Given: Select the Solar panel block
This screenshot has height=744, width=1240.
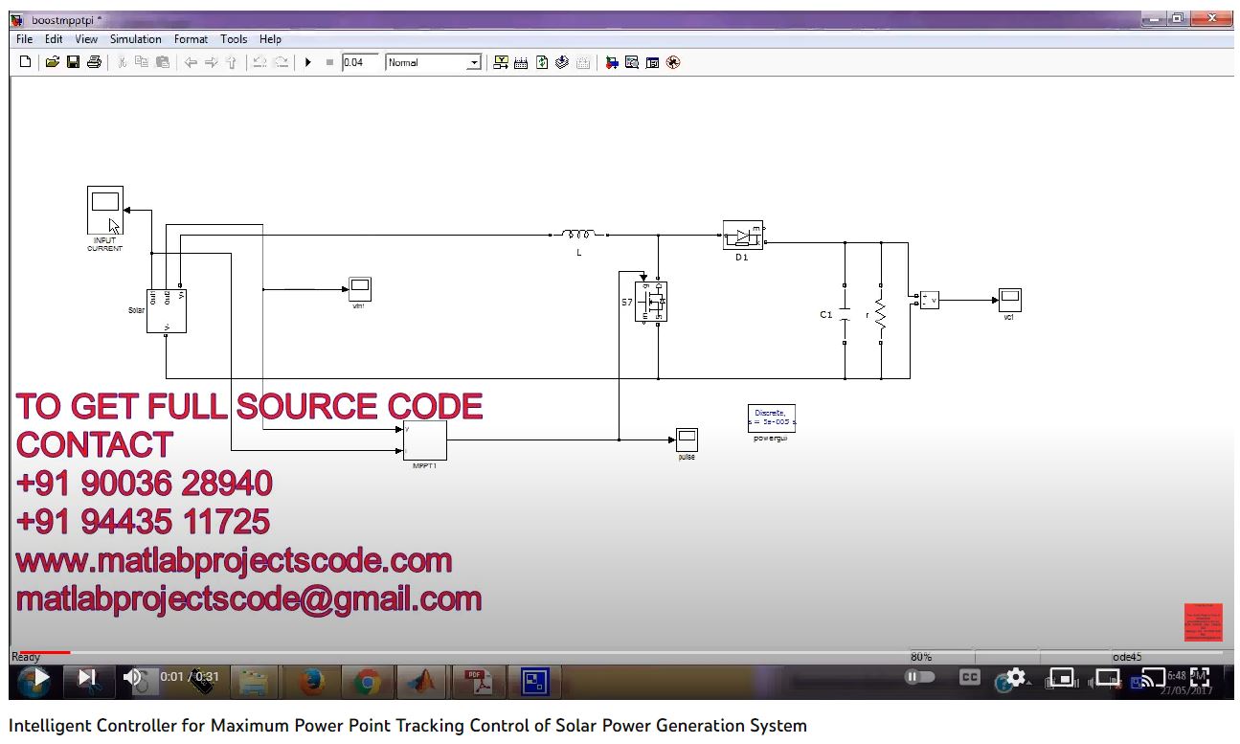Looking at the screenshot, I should click(166, 310).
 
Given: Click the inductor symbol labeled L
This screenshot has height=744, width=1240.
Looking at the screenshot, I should click(578, 234).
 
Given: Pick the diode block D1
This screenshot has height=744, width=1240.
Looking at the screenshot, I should click(742, 236).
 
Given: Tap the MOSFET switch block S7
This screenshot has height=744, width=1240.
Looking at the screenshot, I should click(651, 302).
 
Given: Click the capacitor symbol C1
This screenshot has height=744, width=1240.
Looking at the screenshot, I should click(845, 314).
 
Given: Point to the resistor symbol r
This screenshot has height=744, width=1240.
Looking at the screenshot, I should click(880, 314).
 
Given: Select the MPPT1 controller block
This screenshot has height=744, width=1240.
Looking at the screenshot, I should click(424, 440).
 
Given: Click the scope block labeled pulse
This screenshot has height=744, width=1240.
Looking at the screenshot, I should click(687, 440).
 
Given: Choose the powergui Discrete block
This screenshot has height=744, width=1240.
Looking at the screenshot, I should click(771, 418).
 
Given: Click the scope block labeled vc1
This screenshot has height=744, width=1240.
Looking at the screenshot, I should click(1009, 300).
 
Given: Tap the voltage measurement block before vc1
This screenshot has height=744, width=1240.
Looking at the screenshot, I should click(929, 300).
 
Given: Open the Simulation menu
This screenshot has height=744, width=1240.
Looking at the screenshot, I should click(135, 39).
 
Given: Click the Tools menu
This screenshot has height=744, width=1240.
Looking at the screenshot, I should click(234, 39).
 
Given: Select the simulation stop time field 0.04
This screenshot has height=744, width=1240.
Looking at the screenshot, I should click(360, 62).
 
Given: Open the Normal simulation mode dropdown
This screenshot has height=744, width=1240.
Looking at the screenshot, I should click(473, 62).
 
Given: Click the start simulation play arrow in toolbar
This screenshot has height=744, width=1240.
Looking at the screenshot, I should click(308, 62).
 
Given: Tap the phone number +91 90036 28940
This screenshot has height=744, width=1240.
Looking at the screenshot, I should click(144, 483).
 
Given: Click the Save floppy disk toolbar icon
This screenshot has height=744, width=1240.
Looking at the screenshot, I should click(73, 62).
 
